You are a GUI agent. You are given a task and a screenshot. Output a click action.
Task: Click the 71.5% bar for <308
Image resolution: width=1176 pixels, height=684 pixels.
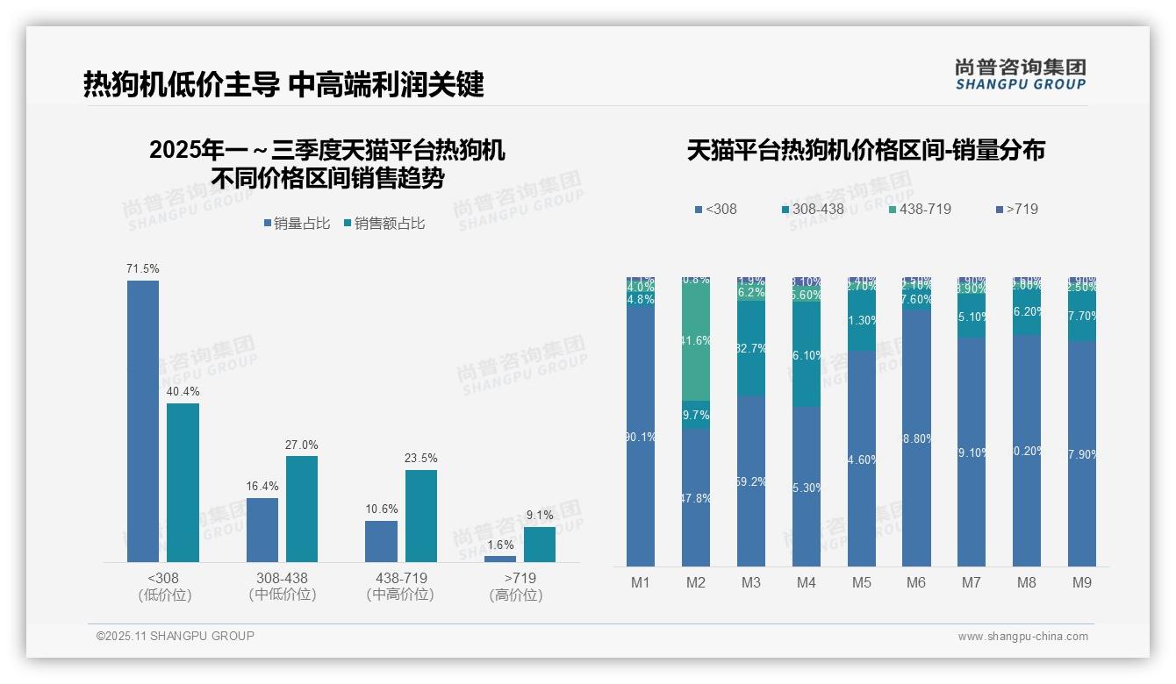[x=143, y=421]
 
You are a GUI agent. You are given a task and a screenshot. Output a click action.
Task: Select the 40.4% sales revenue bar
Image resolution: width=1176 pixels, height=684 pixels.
[x=183, y=482]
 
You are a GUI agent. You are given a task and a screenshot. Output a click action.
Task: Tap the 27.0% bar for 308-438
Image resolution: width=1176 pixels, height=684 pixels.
[x=302, y=509]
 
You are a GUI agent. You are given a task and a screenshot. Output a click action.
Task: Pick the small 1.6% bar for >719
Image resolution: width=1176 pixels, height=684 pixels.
[x=500, y=559]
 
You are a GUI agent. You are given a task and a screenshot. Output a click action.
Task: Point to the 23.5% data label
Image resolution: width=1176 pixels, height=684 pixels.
[x=421, y=459]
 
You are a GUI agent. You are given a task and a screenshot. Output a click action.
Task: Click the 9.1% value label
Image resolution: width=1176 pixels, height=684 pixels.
[x=540, y=516]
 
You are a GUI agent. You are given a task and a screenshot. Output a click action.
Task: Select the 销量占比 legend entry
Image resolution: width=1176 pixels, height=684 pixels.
[x=297, y=224]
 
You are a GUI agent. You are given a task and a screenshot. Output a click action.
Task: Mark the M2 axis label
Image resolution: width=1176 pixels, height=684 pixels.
[x=696, y=583]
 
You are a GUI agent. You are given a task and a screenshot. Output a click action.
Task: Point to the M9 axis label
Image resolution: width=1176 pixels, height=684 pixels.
[x=1082, y=583]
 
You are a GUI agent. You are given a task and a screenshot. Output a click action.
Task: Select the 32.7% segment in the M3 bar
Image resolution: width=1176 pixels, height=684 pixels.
[x=751, y=348]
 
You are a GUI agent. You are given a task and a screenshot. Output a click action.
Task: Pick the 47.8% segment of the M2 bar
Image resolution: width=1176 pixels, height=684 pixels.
[x=696, y=497]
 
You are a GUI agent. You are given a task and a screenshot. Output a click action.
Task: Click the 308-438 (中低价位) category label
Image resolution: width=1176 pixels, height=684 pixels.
[x=282, y=587]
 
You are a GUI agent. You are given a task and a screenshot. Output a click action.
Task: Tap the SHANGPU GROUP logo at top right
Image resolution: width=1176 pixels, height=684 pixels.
[x=1021, y=75]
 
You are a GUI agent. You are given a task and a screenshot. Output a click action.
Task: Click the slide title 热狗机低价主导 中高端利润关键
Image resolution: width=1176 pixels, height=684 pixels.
[x=283, y=85]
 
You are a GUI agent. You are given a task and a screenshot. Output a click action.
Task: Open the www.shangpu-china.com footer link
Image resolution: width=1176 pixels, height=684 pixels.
[x=1022, y=637]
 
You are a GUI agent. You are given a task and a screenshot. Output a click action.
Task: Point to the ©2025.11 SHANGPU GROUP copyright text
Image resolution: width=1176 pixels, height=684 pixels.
[x=176, y=636]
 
